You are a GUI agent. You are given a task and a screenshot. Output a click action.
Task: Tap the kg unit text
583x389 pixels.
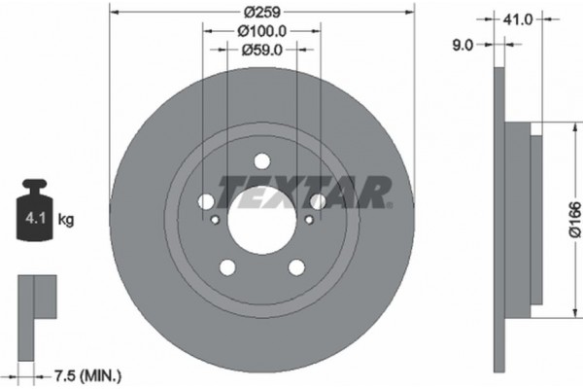pos(66,220)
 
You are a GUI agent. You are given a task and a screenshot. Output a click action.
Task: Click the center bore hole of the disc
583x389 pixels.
pos(262,213)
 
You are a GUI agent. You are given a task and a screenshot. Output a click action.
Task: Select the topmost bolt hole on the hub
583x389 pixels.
pos(262,161)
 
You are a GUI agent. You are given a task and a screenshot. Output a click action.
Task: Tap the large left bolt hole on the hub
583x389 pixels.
pos(207,201)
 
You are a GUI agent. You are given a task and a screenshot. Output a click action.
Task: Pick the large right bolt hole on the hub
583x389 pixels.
pos(318,201)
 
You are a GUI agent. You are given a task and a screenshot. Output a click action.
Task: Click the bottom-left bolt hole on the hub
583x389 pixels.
pos(227,266)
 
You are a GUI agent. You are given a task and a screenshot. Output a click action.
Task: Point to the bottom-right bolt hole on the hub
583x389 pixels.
pos(296,266)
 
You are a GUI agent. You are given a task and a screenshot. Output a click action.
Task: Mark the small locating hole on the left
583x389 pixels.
pos(216,219)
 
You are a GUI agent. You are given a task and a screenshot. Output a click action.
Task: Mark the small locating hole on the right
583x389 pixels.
pos(309,219)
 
